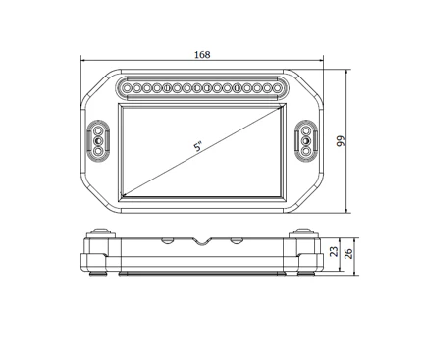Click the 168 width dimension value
[202, 55]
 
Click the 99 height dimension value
[341, 141]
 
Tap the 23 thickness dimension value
[334, 251]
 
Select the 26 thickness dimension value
[349, 254]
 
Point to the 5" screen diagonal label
[198, 146]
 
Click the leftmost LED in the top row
[128, 88]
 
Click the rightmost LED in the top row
[278, 88]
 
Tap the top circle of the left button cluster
[98, 131]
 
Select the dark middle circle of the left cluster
[98, 141]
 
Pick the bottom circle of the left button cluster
[98, 151]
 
